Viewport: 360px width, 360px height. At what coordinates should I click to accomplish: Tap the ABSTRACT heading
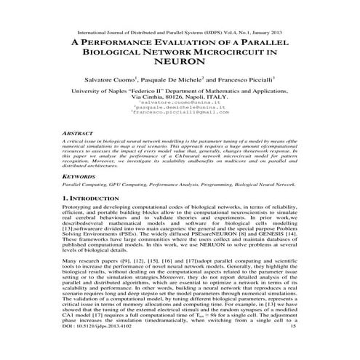pyautogui.click(x=78, y=134)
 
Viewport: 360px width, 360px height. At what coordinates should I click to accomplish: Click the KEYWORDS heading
pyautogui.click(x=79, y=176)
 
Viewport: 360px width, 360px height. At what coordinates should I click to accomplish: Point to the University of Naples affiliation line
pyautogui.click(x=180, y=90)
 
